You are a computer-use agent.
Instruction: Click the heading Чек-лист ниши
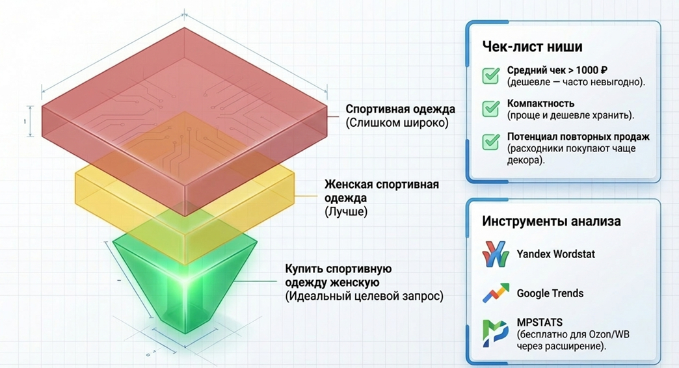tap(532, 47)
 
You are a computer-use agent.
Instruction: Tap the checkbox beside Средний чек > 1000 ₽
tap(491, 75)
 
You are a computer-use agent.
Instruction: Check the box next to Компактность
tap(491, 109)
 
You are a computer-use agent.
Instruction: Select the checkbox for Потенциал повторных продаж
tap(491, 142)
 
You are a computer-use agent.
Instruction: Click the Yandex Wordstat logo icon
tap(496, 254)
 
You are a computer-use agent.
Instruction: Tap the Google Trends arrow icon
tap(496, 293)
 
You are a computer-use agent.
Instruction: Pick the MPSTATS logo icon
tap(496, 333)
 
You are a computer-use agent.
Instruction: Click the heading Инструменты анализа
tap(551, 222)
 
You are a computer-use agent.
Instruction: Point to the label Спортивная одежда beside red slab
tap(400, 109)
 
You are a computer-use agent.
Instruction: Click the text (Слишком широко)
tap(397, 122)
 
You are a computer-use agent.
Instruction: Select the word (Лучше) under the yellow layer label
tap(346, 211)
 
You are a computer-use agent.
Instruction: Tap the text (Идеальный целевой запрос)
tap(364, 296)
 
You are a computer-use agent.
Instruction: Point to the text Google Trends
tap(550, 293)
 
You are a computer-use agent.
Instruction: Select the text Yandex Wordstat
tap(555, 254)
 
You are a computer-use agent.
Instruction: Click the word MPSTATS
tap(540, 322)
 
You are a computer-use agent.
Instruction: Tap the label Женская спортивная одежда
tap(381, 191)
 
